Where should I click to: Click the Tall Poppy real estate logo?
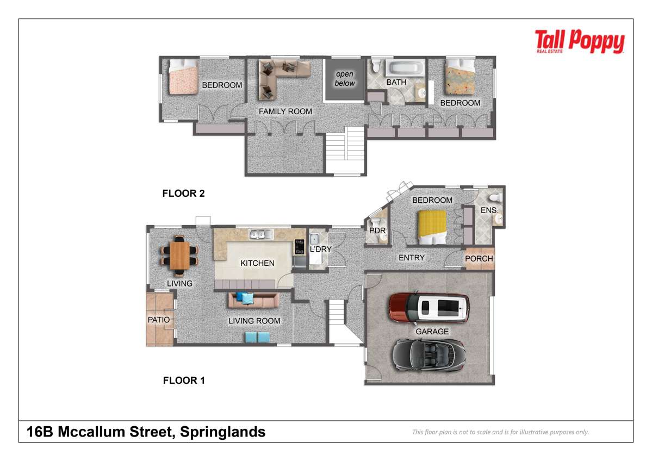(x=580, y=41)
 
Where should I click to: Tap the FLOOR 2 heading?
(x=183, y=194)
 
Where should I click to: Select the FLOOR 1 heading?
(x=184, y=381)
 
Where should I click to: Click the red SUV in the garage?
(x=429, y=308)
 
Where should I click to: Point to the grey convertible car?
(x=429, y=354)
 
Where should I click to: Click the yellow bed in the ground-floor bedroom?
(x=432, y=227)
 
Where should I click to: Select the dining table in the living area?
(x=179, y=256)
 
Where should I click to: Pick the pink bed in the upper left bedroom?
(x=183, y=77)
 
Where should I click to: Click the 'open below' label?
(x=345, y=79)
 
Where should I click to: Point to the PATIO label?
(x=159, y=320)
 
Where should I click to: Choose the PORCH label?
(x=479, y=259)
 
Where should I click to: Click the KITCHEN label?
(x=257, y=263)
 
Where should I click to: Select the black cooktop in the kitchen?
(x=300, y=247)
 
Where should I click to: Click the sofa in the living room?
(x=253, y=300)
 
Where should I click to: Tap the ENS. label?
(x=489, y=210)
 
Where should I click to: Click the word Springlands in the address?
(x=223, y=432)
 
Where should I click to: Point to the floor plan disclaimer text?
(x=500, y=432)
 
